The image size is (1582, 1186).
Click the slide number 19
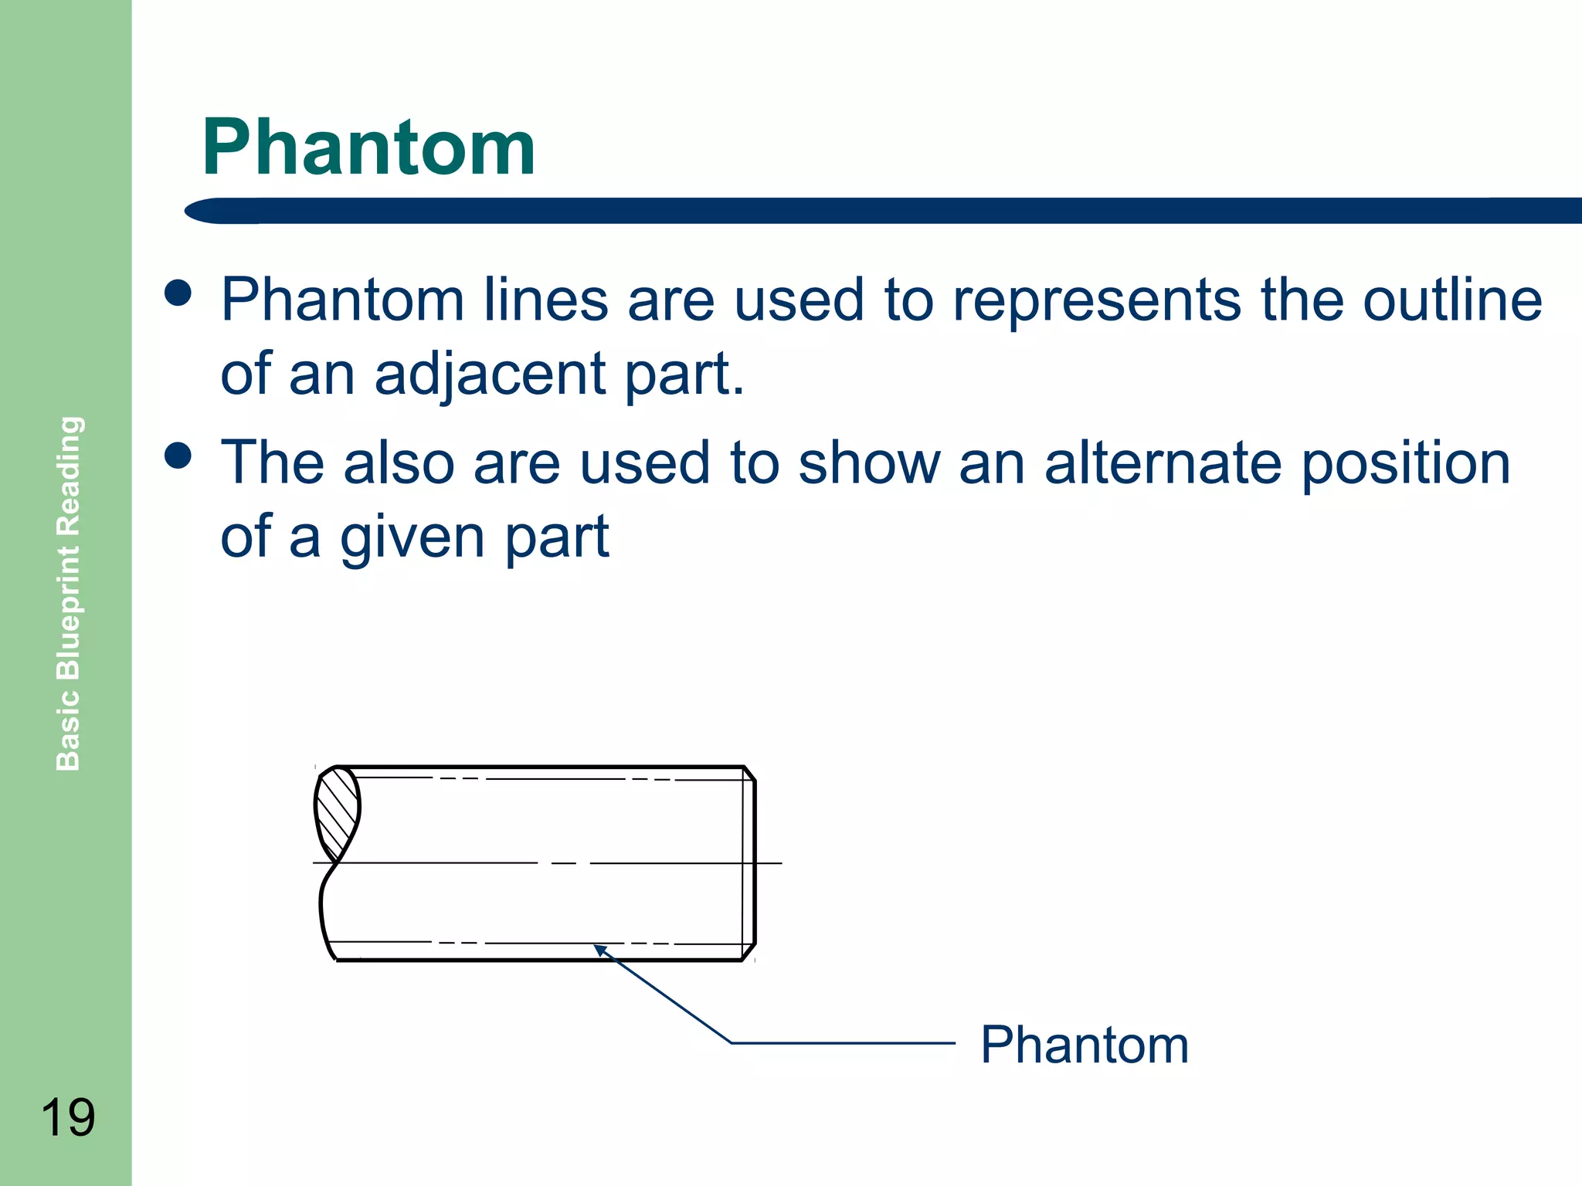point(67,1117)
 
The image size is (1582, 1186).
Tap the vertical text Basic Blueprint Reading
point(69,593)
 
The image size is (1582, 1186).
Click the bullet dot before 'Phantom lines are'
point(178,293)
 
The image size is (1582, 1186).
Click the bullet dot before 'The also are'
point(178,456)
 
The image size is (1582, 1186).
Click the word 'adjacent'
point(490,374)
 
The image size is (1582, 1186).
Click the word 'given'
point(412,538)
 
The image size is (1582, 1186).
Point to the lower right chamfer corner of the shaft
point(749,951)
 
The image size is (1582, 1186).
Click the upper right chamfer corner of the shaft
point(749,773)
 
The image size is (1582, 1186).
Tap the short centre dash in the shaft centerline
point(564,863)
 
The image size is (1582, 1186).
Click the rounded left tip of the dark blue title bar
point(198,211)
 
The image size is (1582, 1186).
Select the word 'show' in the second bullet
point(869,463)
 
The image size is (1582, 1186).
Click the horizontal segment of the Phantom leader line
point(842,1043)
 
